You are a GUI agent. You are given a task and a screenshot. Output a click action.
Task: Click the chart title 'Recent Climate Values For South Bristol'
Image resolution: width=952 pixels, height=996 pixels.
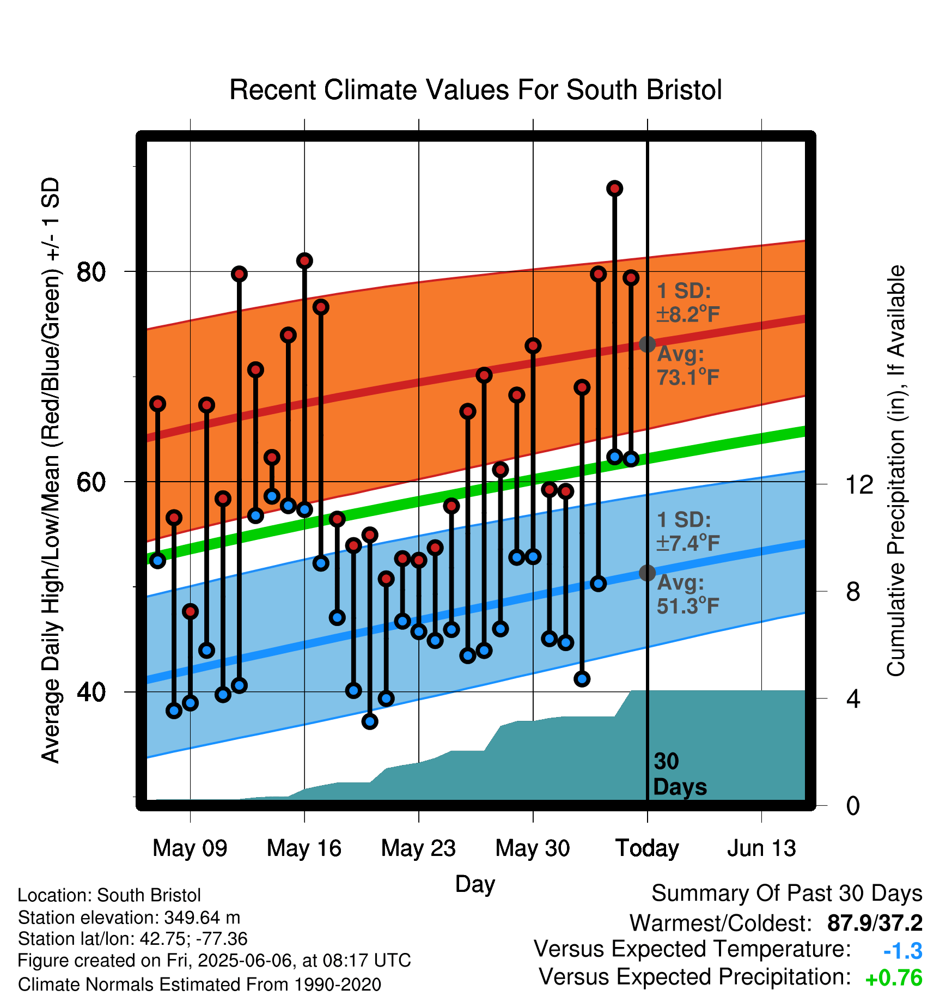[x=475, y=90]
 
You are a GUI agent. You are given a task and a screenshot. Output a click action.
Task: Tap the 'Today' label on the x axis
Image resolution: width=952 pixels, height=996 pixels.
[x=647, y=848]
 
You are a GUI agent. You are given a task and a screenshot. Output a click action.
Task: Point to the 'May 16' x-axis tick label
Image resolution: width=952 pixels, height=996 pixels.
[x=304, y=848]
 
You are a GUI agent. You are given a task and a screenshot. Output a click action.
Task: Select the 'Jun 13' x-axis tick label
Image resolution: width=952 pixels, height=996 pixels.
[x=761, y=848]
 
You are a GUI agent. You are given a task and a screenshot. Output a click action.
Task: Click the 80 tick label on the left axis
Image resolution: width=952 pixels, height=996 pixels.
[x=91, y=271]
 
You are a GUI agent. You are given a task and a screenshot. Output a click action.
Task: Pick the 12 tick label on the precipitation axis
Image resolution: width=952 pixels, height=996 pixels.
[x=859, y=484]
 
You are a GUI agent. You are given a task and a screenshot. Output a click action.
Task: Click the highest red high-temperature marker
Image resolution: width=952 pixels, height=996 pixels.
[x=614, y=189]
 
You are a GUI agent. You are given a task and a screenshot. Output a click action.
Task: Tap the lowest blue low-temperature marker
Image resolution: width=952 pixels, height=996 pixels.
[x=370, y=721]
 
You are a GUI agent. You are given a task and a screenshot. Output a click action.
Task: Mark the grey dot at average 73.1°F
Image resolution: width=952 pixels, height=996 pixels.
[x=647, y=344]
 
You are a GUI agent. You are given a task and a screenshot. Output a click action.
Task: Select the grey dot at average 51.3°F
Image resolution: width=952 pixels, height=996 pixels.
[x=647, y=573]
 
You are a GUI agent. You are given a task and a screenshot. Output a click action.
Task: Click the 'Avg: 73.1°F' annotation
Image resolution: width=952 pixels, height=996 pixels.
[x=688, y=366]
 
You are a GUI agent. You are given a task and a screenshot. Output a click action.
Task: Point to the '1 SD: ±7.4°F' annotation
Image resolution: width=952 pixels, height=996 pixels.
[x=688, y=531]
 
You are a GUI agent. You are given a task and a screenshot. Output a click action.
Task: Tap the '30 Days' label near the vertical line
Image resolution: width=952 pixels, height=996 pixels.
[x=680, y=774]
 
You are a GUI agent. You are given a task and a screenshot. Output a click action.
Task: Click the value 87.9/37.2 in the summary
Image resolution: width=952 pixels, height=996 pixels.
[x=875, y=923]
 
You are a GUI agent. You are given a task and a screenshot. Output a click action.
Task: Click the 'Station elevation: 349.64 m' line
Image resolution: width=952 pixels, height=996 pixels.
[x=129, y=918]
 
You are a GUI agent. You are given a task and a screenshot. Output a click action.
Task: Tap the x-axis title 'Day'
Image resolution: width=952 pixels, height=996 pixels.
[x=475, y=884]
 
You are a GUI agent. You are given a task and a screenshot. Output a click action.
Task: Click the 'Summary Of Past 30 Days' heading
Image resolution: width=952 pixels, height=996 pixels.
[x=787, y=894]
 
